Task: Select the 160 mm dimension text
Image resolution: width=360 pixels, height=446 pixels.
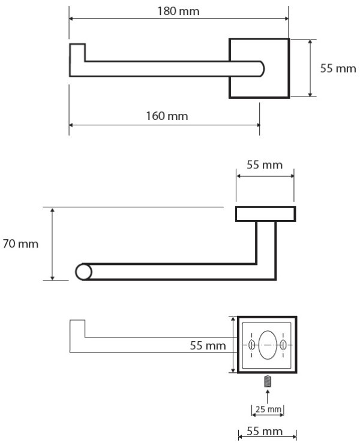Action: click(166, 115)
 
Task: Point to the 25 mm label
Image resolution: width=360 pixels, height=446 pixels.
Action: click(267, 409)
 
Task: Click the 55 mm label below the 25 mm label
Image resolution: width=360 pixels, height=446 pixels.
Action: click(267, 432)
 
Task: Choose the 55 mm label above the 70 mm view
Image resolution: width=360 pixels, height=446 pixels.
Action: click(265, 165)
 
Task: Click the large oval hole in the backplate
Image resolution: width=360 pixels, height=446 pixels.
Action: click(268, 344)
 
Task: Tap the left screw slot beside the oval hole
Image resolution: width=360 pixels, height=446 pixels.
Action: click(252, 345)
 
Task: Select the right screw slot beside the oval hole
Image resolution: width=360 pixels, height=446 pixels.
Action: click(283, 345)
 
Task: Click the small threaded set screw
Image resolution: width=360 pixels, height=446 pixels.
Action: click(268, 379)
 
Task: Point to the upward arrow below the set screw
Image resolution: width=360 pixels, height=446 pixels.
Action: click(268, 394)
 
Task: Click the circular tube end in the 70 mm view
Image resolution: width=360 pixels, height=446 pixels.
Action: click(83, 272)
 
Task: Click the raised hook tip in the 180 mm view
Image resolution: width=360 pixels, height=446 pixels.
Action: click(77, 52)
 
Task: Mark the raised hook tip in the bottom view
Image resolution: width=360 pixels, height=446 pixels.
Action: click(77, 329)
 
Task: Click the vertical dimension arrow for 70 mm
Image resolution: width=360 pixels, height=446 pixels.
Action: click(53, 244)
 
